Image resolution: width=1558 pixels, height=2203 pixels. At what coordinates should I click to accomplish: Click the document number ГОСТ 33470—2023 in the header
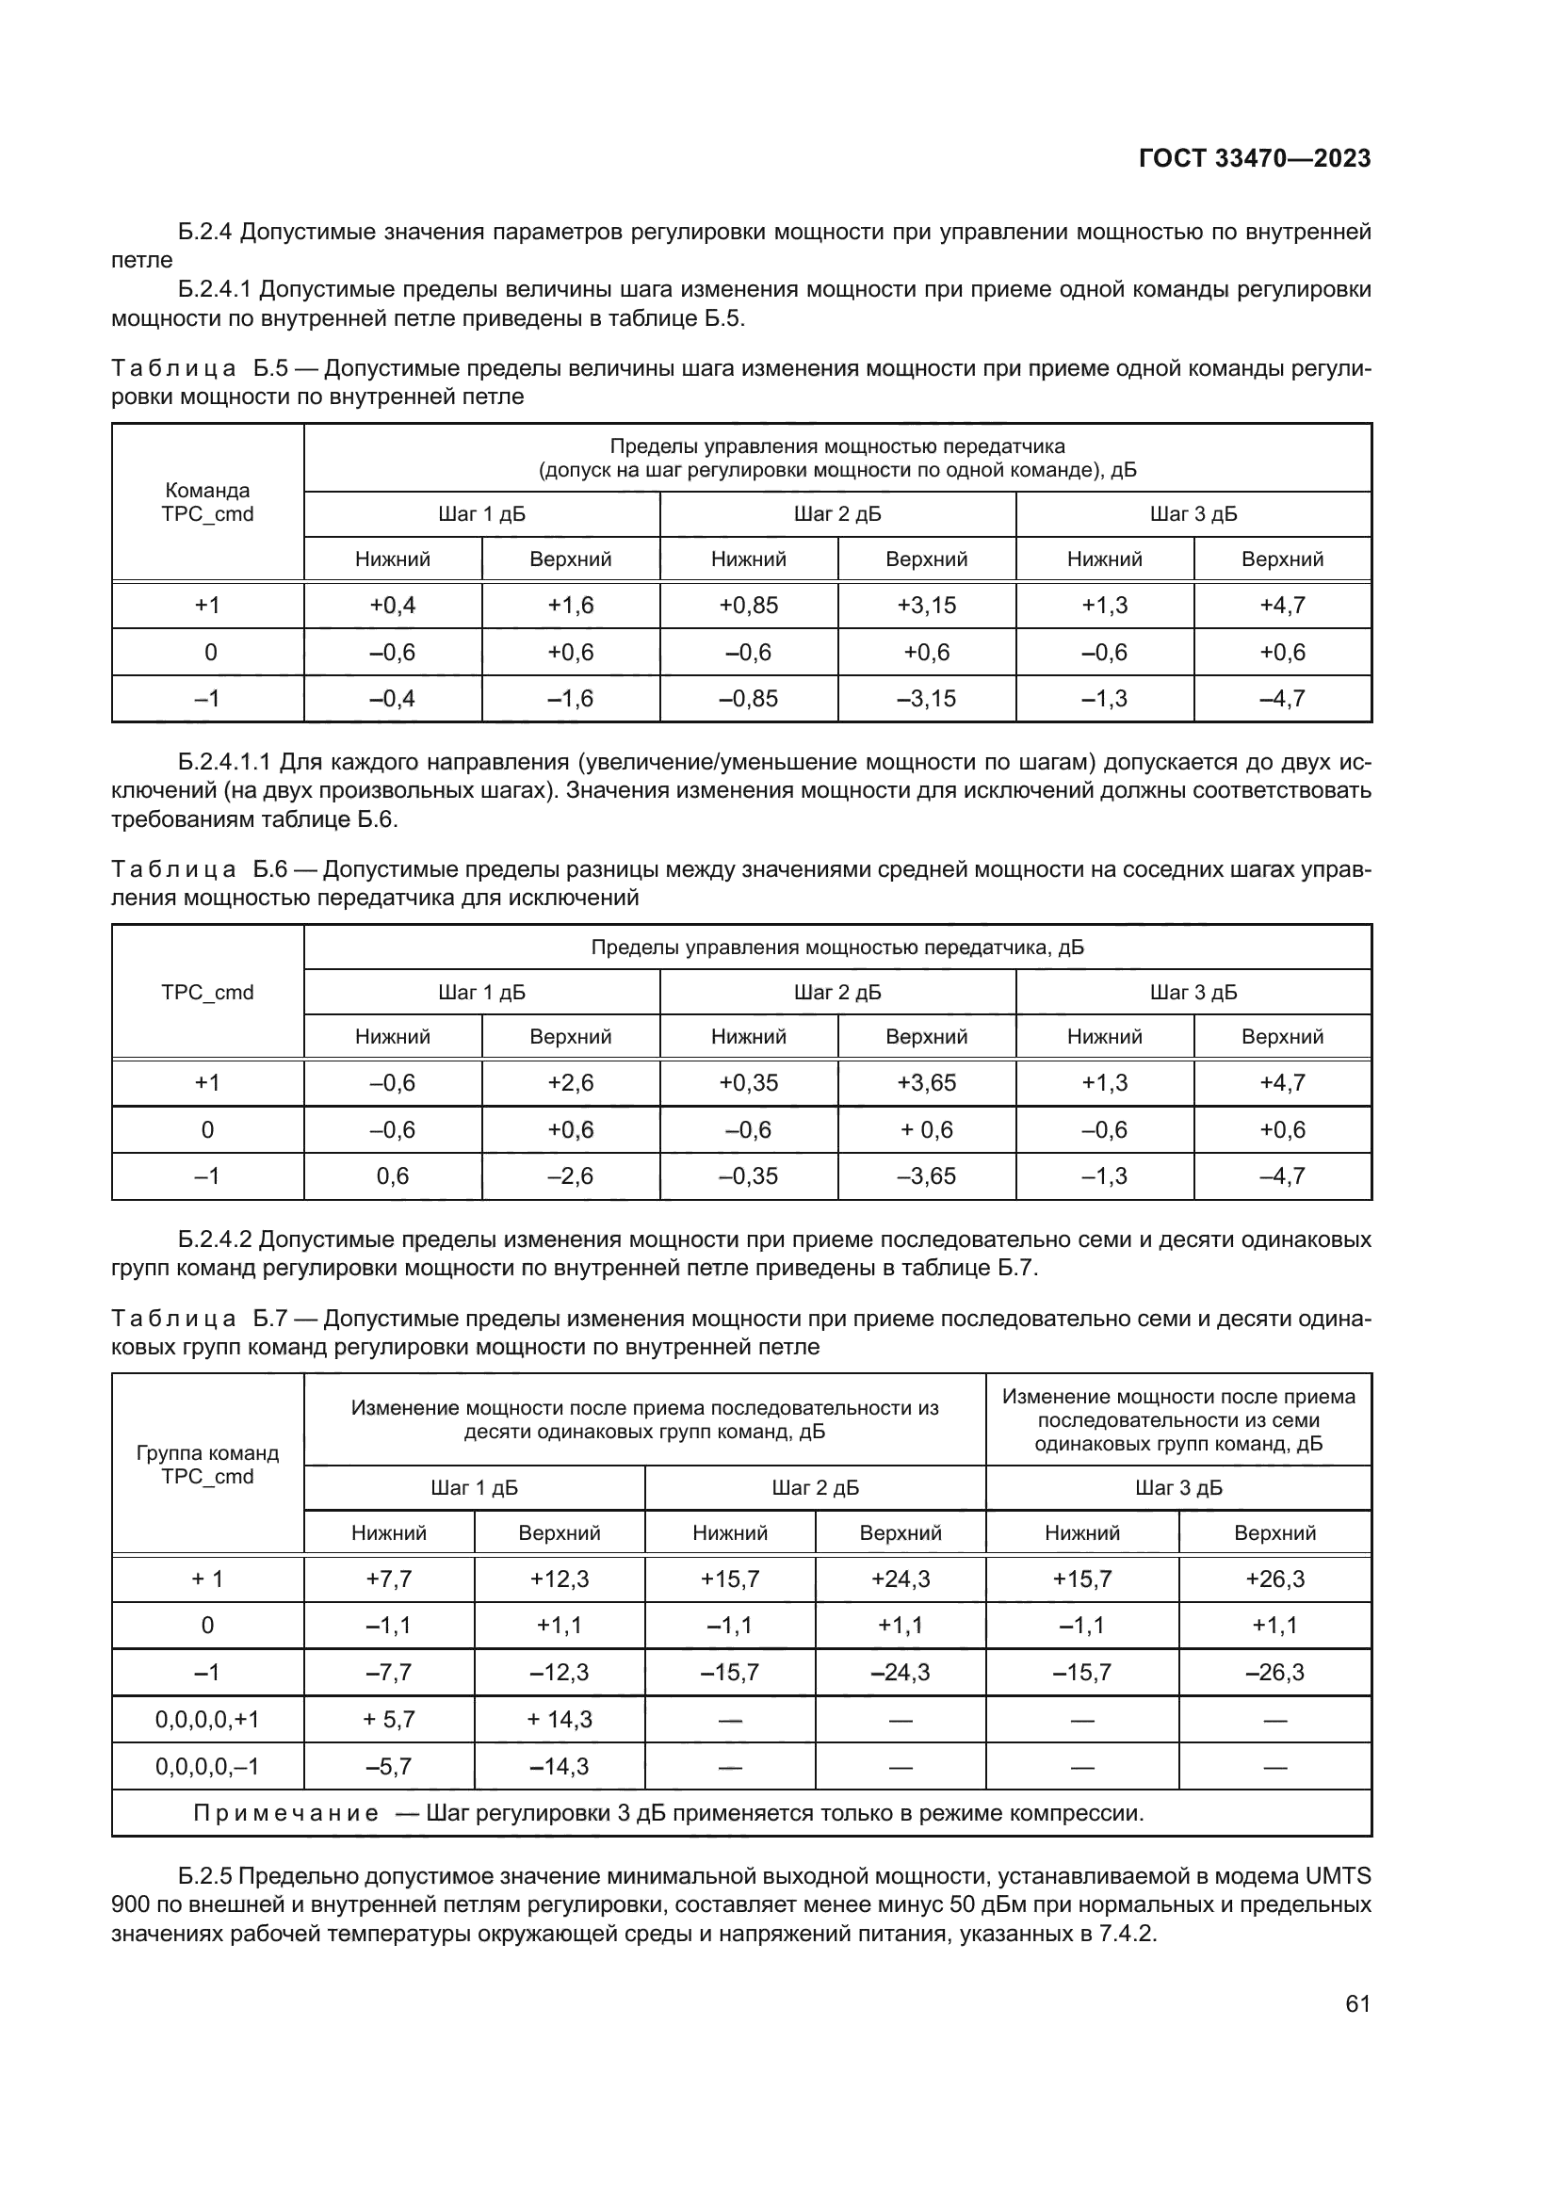1254,158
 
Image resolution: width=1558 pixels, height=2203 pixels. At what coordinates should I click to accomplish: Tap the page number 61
1357,2003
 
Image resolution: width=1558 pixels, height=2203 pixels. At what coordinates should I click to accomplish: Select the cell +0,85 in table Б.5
748,606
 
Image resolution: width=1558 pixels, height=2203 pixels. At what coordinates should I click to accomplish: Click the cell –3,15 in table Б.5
926,699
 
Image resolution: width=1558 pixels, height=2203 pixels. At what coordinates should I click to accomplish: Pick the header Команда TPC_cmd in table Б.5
207,503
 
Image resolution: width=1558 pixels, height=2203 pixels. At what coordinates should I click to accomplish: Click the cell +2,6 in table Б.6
570,1082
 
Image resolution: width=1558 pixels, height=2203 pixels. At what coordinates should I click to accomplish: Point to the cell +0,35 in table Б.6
748,1082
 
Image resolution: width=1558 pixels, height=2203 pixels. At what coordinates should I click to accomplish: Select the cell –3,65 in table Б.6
926,1175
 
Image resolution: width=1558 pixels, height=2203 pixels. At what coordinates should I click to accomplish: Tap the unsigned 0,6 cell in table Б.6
393,1175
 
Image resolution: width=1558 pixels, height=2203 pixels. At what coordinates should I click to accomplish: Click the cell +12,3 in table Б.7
560,1579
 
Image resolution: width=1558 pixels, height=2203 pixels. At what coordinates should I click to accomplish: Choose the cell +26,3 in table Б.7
1274,1579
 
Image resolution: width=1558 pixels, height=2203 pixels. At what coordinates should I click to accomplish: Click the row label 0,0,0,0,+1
207,1720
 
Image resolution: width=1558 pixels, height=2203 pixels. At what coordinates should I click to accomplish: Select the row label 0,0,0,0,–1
207,1766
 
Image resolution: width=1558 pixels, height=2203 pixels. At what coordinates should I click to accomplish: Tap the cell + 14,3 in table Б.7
560,1720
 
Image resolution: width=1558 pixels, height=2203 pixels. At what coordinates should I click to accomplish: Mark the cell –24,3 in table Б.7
900,1673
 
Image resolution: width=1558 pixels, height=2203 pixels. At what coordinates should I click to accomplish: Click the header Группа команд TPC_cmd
207,1466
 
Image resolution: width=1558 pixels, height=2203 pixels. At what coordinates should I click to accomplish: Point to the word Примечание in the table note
284,1813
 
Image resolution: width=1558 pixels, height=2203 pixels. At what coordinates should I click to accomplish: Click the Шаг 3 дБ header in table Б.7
1178,1488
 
